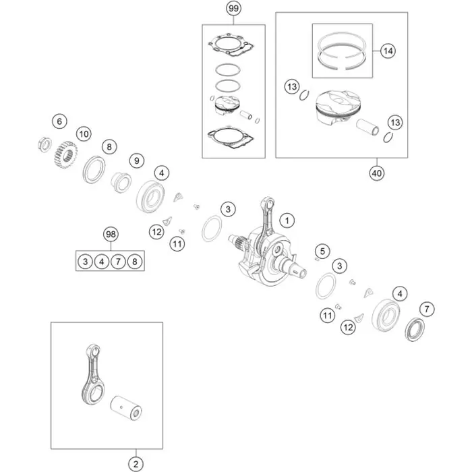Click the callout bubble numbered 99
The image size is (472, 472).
point(233,8)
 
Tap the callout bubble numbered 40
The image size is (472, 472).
point(376,173)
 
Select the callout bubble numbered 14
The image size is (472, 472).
point(388,51)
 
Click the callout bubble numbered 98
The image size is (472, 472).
point(111,234)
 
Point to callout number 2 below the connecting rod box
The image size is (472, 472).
point(136,464)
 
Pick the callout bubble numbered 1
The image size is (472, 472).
point(287,220)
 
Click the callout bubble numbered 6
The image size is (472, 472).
point(59,121)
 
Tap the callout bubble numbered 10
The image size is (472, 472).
point(84,134)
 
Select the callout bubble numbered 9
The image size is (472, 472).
point(137,160)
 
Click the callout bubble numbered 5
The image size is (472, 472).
point(322,251)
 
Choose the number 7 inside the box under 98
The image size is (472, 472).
point(118,262)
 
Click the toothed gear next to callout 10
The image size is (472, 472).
point(65,154)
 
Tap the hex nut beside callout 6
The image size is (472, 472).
point(45,144)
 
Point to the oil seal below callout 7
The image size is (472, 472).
point(415,329)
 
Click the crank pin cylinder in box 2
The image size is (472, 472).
point(126,408)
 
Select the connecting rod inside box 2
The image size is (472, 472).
point(91,375)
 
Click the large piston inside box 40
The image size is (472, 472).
point(338,107)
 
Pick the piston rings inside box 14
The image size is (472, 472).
point(342,51)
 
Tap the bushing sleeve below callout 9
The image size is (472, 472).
point(121,182)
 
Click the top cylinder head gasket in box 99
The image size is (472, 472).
point(231,45)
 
